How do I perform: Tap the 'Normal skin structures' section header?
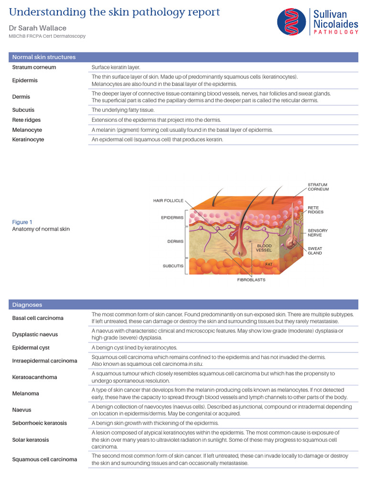tap(44, 57)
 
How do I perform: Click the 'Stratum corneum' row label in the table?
tap(34, 67)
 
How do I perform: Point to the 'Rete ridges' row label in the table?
tap(26, 120)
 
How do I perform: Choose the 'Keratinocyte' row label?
tap(28, 139)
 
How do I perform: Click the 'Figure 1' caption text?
tap(22, 222)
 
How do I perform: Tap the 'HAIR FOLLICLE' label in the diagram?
tap(168, 201)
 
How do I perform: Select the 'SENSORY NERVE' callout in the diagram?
tap(317, 233)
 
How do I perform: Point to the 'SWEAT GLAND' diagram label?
tap(315, 251)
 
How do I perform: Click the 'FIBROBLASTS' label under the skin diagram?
tap(251, 280)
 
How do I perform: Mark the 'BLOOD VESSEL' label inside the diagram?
tap(264, 248)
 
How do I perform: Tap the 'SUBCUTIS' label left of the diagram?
tap(173, 266)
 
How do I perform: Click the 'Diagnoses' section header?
tap(27, 305)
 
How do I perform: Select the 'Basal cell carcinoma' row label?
tap(38, 318)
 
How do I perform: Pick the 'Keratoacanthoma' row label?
tap(34, 377)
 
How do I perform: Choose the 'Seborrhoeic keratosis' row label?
tap(40, 423)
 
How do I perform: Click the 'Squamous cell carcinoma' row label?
tap(44, 459)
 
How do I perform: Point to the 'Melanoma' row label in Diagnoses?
tap(26, 394)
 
